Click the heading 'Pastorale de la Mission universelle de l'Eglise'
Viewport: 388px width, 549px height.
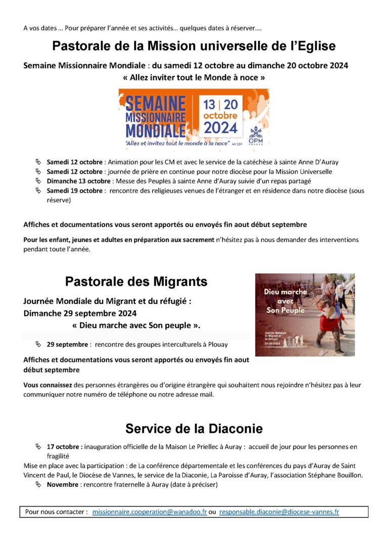194,47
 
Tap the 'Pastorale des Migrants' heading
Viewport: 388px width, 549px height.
136,281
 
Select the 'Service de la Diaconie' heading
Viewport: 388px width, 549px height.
194,429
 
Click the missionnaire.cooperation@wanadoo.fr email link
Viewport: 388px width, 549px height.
150,512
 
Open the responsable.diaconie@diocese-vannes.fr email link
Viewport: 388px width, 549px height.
279,512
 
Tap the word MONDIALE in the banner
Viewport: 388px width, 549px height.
155,130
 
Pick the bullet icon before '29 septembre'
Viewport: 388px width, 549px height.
38,344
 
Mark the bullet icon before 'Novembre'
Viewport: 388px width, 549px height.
38,484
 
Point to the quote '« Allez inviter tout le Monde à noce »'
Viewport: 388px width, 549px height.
194,77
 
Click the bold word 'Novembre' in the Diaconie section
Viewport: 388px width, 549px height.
62,485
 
